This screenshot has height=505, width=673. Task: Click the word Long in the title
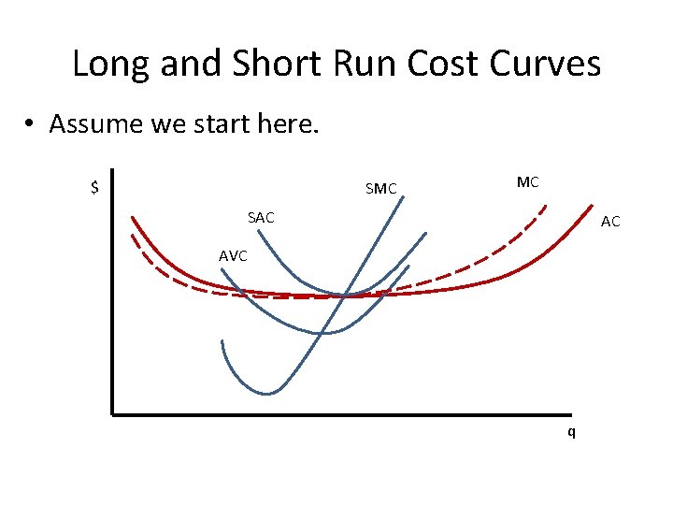click(110, 65)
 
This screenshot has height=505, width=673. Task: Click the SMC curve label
click(380, 190)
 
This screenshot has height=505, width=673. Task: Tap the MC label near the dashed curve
click(527, 182)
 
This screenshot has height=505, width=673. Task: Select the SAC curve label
click(261, 218)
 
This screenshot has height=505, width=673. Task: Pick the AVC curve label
click(233, 255)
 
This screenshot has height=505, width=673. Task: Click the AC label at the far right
click(610, 222)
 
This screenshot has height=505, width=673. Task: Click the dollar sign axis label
click(94, 187)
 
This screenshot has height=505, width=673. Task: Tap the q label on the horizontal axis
click(571, 432)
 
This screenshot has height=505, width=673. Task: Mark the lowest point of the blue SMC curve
click(268, 394)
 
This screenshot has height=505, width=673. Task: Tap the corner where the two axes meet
click(111, 412)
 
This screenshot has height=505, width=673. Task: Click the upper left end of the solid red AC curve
click(133, 217)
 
